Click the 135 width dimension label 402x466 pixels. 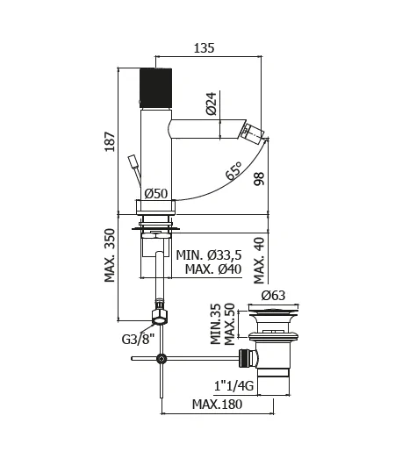coord(204,48)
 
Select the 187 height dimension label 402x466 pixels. coord(110,141)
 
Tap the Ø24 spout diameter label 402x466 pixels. coord(212,104)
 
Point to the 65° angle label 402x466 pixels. coord(234,170)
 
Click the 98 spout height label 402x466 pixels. coord(259,179)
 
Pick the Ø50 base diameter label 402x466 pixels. coord(156,193)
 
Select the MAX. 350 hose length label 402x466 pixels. coord(110,255)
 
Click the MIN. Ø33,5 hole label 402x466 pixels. coord(209,255)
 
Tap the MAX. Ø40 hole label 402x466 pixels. coord(213,269)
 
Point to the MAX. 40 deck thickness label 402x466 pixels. coord(259,261)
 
